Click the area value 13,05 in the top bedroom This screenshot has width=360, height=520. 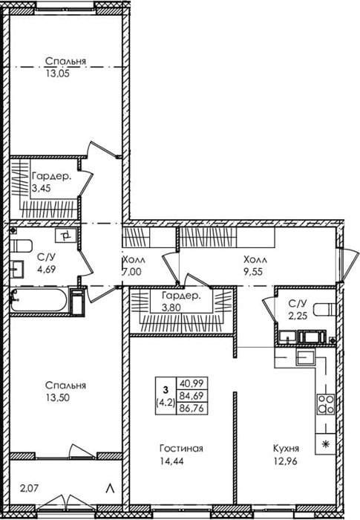point(58,74)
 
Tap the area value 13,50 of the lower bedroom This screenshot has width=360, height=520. point(58,397)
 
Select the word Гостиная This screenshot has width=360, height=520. point(181,449)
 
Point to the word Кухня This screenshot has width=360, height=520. point(286,449)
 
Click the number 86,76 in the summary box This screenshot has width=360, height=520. point(192,408)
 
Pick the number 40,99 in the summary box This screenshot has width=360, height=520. point(192,383)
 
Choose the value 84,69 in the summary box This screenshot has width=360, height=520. point(192,396)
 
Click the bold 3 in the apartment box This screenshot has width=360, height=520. point(166,389)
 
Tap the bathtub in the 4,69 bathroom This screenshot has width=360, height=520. point(39,300)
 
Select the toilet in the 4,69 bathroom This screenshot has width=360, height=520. point(21,246)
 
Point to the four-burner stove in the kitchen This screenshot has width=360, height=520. point(326,404)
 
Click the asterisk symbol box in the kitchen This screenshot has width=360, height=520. point(326,444)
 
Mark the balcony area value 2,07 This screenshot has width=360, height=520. point(28,488)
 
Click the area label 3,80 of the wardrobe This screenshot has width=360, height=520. point(171,308)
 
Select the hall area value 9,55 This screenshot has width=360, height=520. point(253,272)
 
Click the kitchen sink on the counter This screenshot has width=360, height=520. point(305,357)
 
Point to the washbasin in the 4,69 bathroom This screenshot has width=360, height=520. point(16,269)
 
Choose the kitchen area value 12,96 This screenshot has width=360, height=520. point(286,461)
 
